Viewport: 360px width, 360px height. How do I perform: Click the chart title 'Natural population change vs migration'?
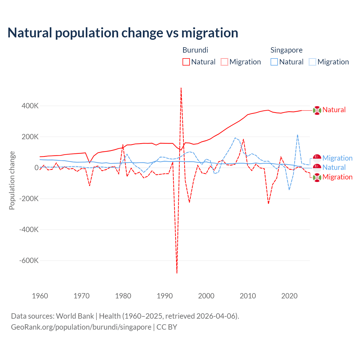pos(123,33)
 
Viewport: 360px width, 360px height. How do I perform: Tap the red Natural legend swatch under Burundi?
pos(186,62)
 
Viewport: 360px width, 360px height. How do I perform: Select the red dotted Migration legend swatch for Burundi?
pos(224,62)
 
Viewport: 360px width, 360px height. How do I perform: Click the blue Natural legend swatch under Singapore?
pos(274,62)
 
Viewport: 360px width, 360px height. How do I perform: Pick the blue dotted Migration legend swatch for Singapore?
pos(312,62)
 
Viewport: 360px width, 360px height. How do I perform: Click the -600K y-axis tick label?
pos(29,260)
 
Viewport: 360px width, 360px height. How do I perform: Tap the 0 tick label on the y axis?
pos(36,168)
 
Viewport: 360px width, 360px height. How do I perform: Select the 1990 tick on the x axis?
pos(165,296)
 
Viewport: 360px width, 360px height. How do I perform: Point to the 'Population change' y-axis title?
pos(12,181)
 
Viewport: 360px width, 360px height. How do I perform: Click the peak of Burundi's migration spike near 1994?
pos(181,88)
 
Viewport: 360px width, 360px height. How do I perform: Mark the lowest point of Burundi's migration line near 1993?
pos(177,273)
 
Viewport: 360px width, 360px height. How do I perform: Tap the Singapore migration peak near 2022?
pos(298,135)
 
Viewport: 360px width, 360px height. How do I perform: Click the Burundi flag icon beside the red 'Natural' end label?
pos(317,111)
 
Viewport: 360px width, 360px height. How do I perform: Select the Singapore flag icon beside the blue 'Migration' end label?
pos(317,158)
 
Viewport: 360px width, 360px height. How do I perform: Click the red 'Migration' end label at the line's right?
pos(337,177)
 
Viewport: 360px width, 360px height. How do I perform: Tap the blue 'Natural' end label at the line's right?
pos(334,168)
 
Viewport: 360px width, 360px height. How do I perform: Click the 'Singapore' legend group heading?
pos(286,50)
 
